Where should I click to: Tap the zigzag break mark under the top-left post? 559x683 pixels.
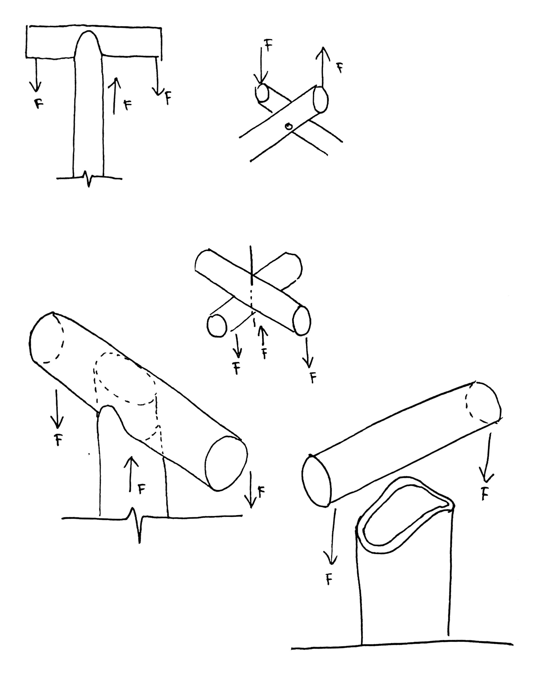(x=89, y=179)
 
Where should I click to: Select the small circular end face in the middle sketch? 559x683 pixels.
(x=217, y=326)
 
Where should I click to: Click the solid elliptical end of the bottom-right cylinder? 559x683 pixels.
(x=317, y=481)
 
